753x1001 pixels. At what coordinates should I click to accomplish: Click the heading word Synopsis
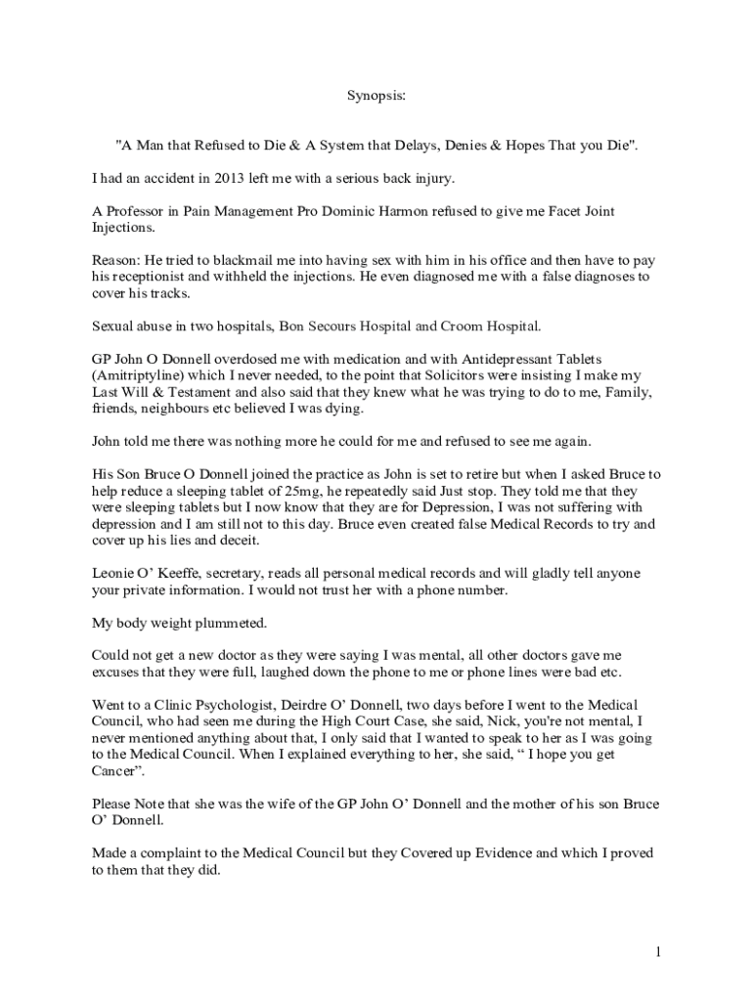click(x=376, y=97)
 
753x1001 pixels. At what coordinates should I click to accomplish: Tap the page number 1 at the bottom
click(x=659, y=952)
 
